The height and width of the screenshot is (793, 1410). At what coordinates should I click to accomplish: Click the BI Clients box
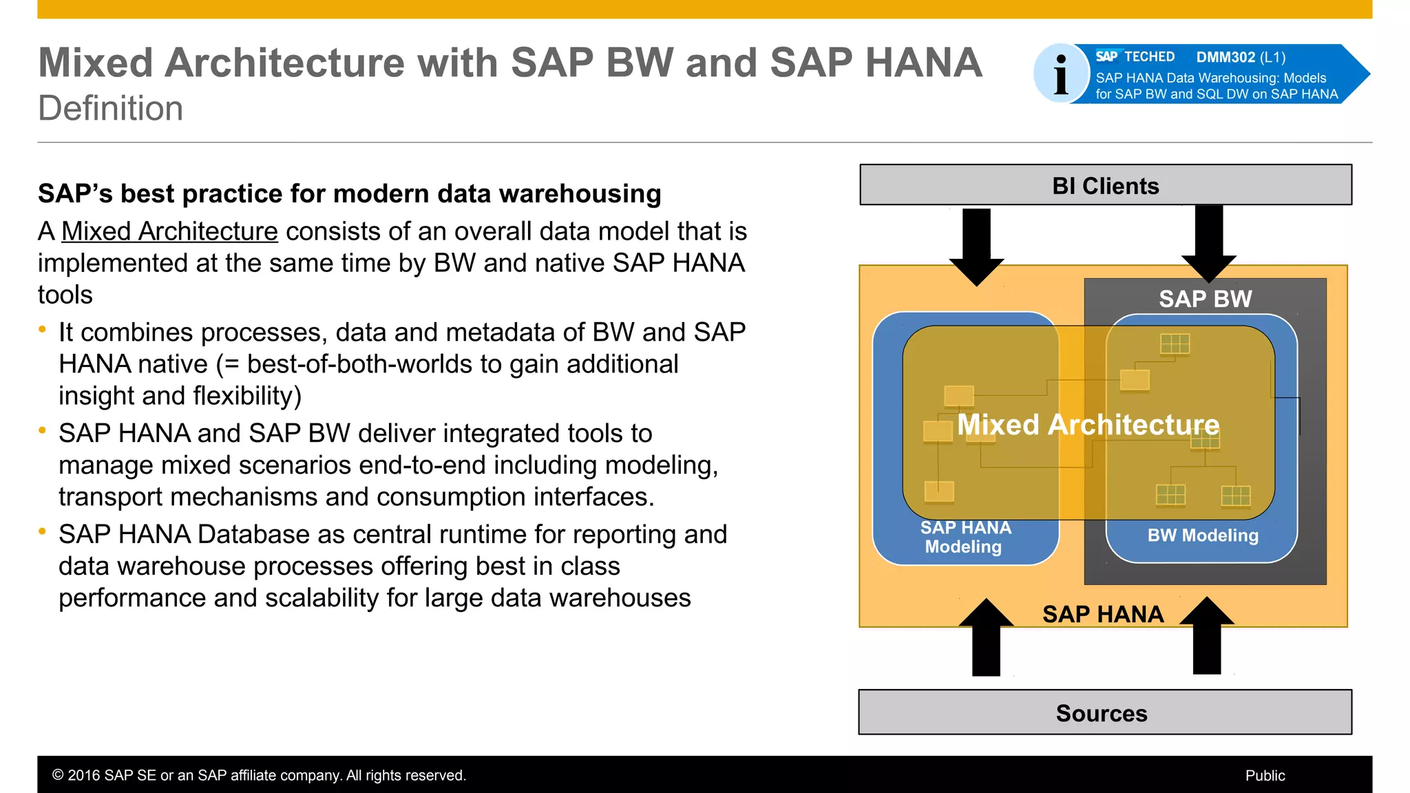pos(1105,185)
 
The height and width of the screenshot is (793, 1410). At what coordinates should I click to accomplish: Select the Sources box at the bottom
pos(1104,712)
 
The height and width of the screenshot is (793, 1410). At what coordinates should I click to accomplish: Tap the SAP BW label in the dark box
pos(1205,299)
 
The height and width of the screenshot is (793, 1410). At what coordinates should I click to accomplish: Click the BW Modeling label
pos(1202,536)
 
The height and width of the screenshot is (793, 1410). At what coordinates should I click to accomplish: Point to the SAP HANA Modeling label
pos(965,537)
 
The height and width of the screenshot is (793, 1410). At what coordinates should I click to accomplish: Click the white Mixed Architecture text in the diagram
pos(1088,425)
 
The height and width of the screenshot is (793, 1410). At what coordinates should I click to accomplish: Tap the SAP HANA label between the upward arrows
pos(1102,614)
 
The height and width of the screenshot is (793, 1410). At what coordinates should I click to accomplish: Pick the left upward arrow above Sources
pos(986,639)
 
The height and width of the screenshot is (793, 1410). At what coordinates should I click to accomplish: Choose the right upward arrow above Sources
pos(1206,637)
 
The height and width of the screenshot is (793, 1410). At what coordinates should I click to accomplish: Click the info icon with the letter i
pos(1061,74)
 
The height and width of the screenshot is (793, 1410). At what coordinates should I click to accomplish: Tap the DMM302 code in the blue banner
pos(1225,57)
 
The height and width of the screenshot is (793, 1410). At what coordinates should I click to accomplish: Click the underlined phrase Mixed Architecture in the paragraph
pos(169,231)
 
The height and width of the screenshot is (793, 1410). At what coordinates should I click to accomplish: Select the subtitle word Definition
pos(111,109)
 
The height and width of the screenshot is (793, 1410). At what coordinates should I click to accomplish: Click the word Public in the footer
pos(1265,776)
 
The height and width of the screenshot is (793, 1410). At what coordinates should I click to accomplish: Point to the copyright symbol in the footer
pos(59,776)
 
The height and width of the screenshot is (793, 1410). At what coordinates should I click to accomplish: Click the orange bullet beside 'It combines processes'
pos(43,330)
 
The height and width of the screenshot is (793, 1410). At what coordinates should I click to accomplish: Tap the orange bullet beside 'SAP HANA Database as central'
pos(43,531)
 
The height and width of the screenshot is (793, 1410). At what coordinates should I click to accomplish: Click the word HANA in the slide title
pos(923,63)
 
